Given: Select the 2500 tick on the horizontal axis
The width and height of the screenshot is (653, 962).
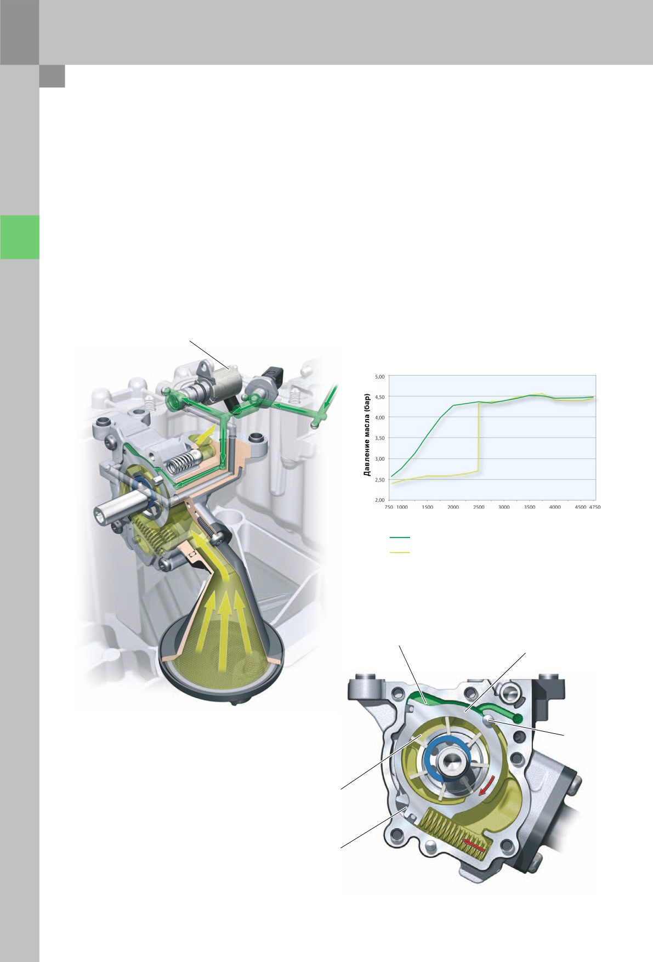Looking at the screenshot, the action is click(479, 507).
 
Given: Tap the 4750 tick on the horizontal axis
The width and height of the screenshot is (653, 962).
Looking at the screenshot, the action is click(594, 507).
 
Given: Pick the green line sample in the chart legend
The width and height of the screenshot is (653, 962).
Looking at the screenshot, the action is click(400, 537).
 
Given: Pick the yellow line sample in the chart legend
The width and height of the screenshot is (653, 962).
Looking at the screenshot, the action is click(400, 552).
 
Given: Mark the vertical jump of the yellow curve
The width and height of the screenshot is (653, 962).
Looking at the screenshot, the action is click(479, 437).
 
